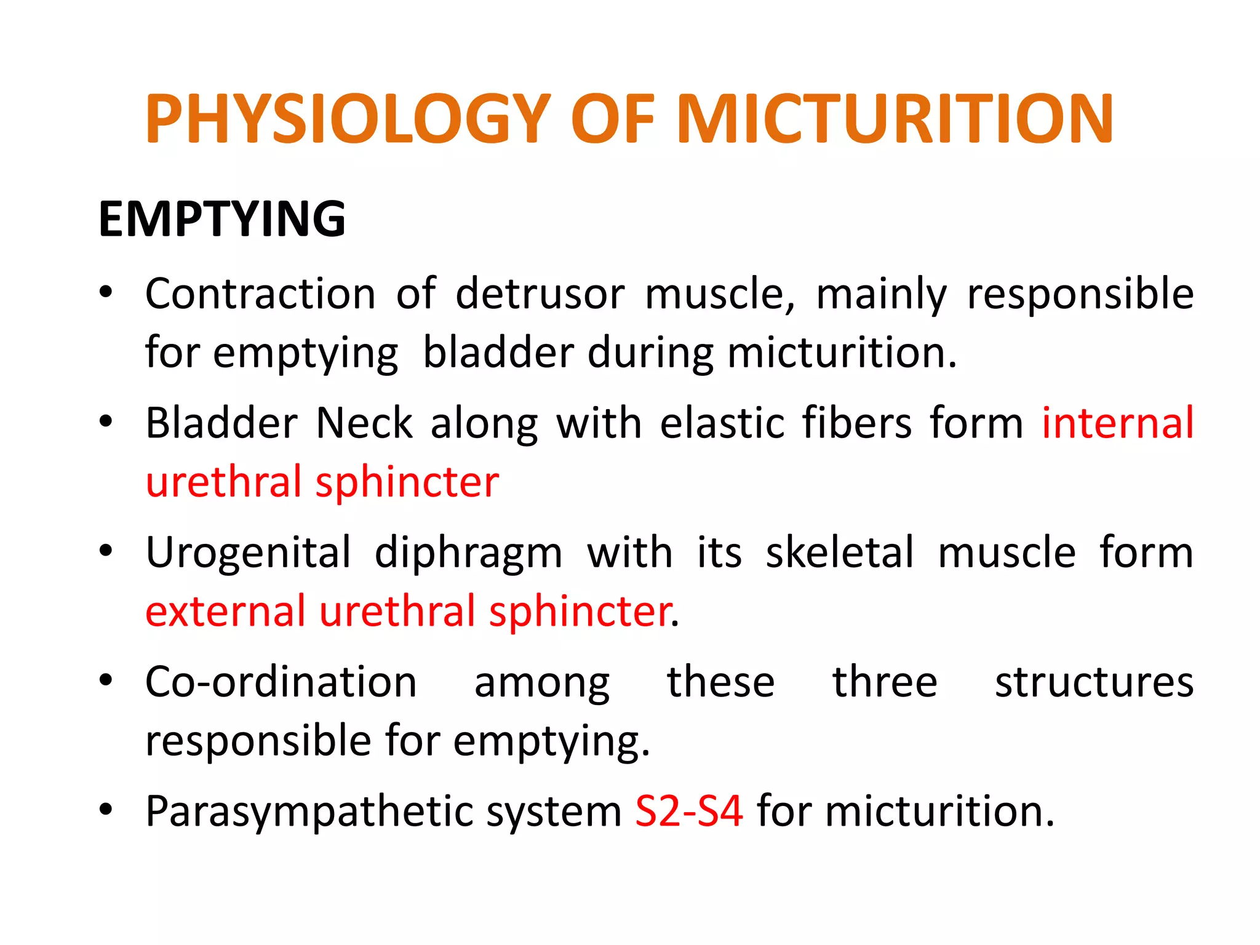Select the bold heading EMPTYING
tap(222, 219)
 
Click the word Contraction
tap(260, 294)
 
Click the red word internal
tap(1117, 423)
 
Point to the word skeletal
tap(839, 552)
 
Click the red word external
tap(225, 612)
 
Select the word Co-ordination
tap(281, 682)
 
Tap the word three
tap(885, 682)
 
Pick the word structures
tap(1094, 682)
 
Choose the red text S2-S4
tap(688, 811)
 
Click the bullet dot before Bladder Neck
tap(106, 422)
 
